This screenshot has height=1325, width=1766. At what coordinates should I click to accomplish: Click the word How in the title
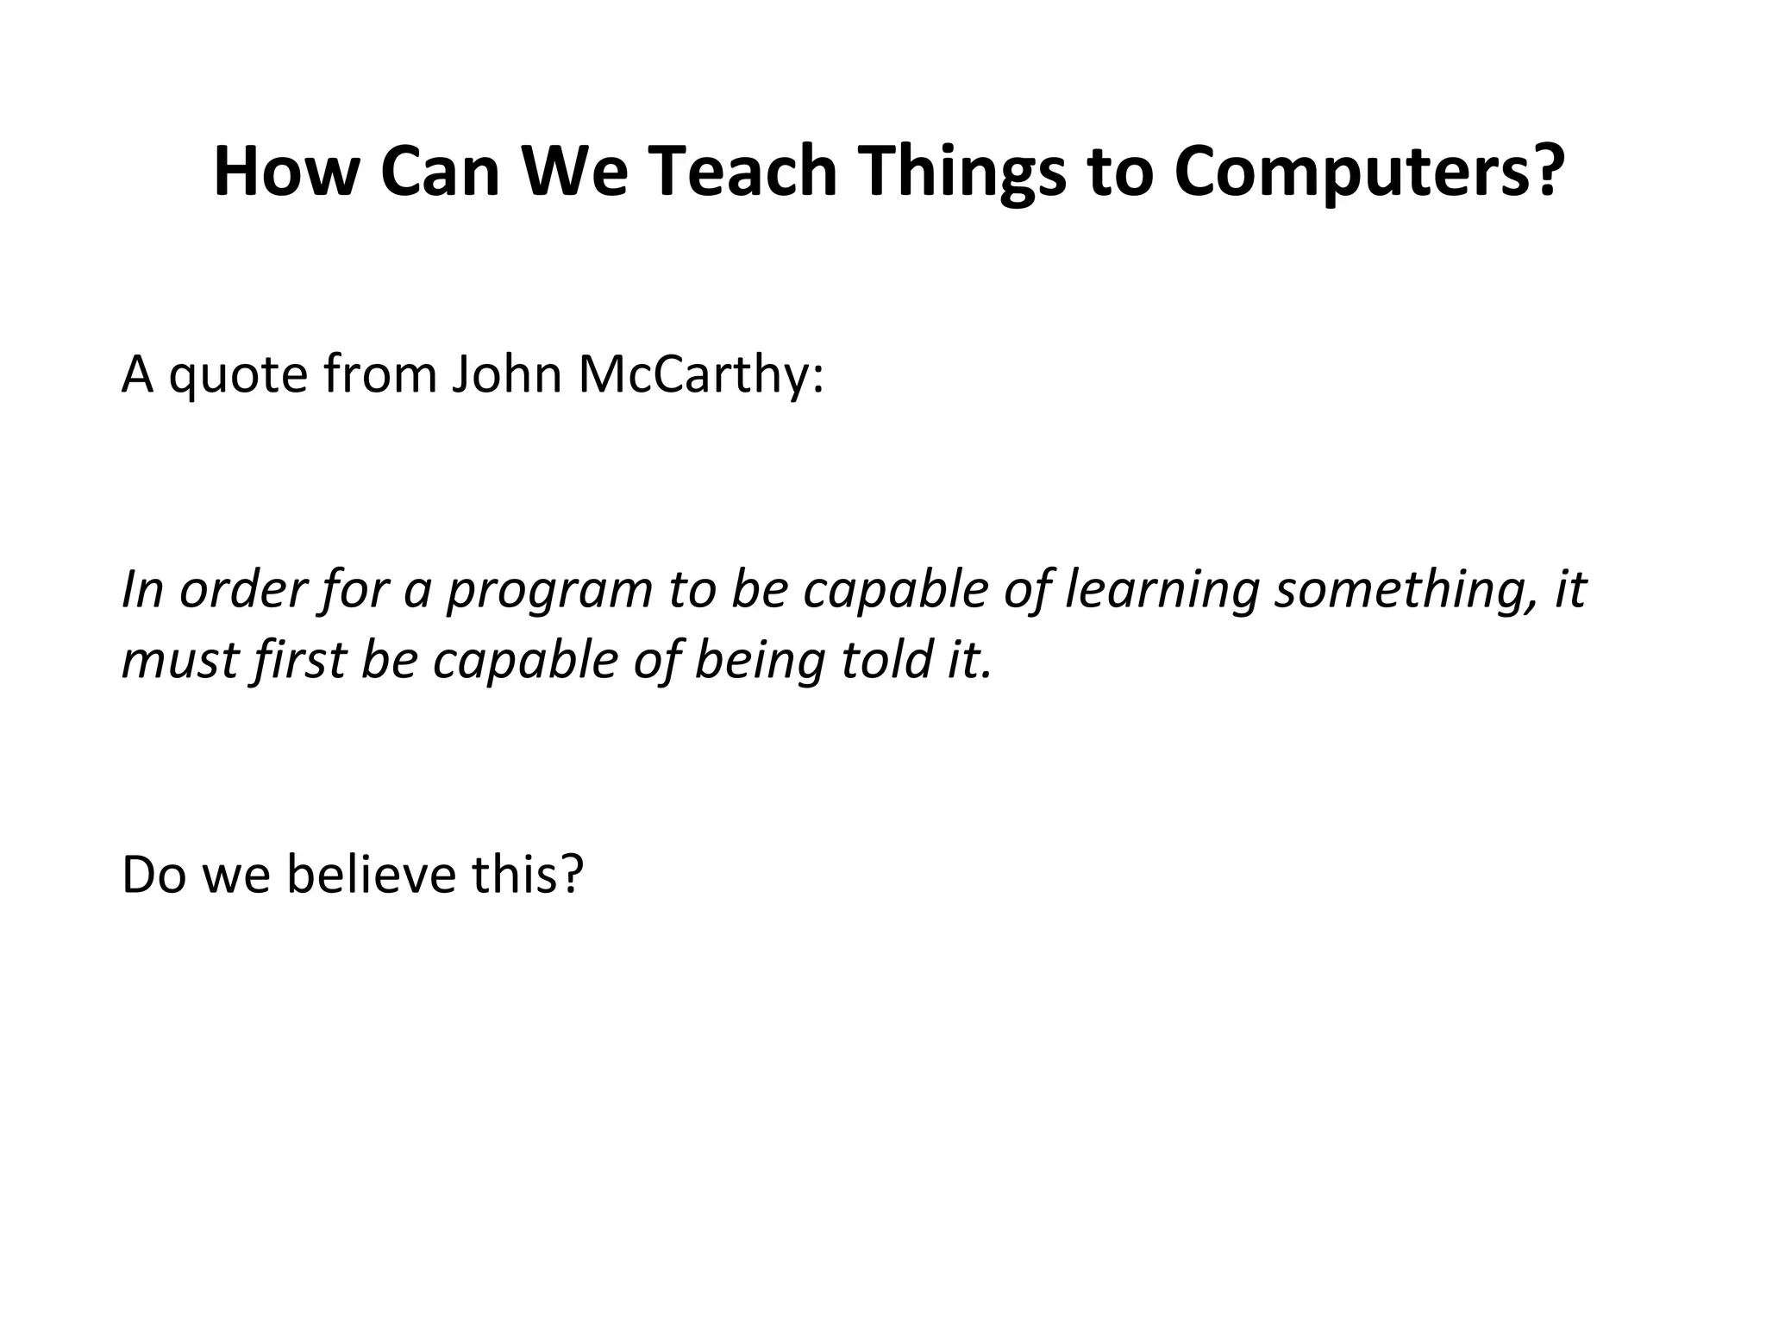coord(285,171)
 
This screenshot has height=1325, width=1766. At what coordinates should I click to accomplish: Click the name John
coord(507,374)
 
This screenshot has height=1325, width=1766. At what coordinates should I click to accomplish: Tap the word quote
coord(238,376)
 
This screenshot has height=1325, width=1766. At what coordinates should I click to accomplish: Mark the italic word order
coord(243,590)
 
